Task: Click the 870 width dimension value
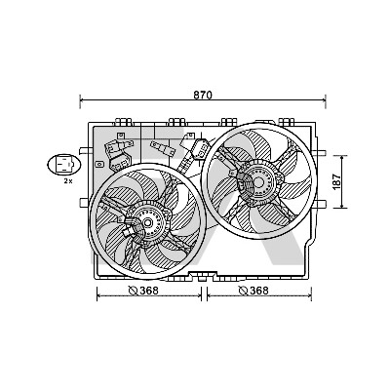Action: (x=203, y=95)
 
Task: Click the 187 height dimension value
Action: (x=337, y=182)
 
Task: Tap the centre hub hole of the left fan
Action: (x=147, y=223)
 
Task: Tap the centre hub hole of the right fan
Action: (x=258, y=182)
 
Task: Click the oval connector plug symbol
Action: (x=63, y=165)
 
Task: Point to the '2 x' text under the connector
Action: (x=68, y=181)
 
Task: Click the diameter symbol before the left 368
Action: (x=134, y=291)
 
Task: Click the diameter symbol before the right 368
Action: (x=244, y=291)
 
